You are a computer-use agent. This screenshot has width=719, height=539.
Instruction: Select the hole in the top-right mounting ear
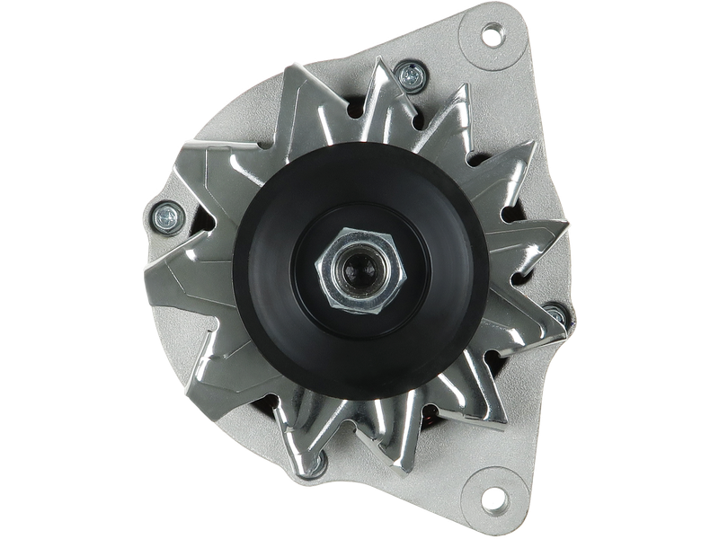click(x=492, y=38)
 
